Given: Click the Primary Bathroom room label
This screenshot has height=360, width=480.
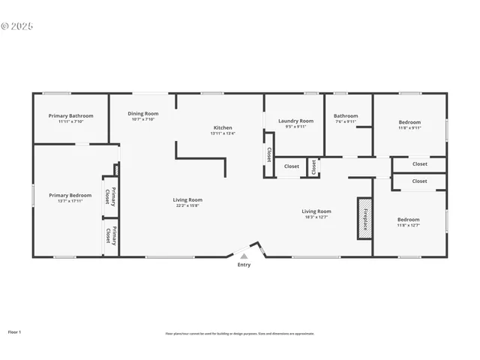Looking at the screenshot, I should pyautogui.click(x=70, y=116).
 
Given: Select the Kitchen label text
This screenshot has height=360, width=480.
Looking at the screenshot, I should pyautogui.click(x=223, y=128).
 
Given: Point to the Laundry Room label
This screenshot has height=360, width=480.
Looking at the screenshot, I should pyautogui.click(x=295, y=121).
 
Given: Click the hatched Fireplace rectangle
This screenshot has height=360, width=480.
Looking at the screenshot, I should pyautogui.click(x=364, y=218).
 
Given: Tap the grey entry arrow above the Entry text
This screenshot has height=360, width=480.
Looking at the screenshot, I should pyautogui.click(x=244, y=256).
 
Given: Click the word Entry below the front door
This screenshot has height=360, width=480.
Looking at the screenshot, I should pyautogui.click(x=244, y=265).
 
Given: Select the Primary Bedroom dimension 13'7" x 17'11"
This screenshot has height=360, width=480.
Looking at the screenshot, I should pyautogui.click(x=70, y=201).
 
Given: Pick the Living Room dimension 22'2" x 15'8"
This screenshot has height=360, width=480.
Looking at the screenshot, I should pyautogui.click(x=187, y=205).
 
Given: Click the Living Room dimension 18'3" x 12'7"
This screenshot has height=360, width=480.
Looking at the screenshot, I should pyautogui.click(x=316, y=217).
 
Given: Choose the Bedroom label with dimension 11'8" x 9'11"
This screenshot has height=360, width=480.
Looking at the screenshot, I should pyautogui.click(x=409, y=122).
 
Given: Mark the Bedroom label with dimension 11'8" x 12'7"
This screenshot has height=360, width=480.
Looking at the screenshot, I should pyautogui.click(x=409, y=220).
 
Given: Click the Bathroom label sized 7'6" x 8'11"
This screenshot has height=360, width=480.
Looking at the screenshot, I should pyautogui.click(x=346, y=116).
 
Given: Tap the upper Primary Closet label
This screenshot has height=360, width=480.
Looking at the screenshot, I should pyautogui.click(x=110, y=196).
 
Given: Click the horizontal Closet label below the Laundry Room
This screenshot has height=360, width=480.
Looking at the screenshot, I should pyautogui.click(x=291, y=166).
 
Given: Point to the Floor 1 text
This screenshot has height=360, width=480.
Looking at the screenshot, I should pyautogui.click(x=14, y=331).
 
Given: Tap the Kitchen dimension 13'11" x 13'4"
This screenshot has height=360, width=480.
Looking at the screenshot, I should pyautogui.click(x=223, y=133).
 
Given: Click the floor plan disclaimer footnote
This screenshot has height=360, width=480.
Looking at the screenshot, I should pyautogui.click(x=240, y=334).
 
